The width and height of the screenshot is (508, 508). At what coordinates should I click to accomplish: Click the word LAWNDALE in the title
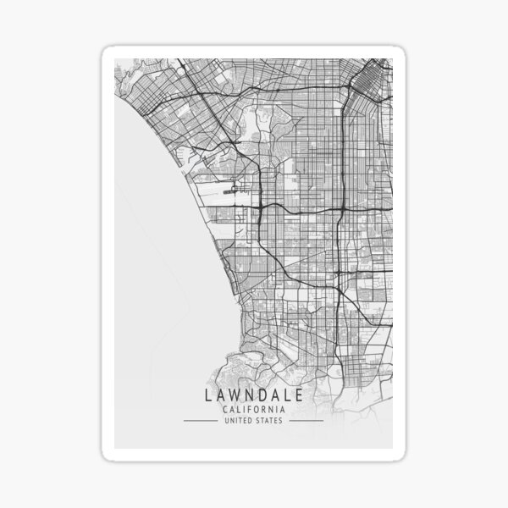253,395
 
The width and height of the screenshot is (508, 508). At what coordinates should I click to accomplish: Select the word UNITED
240,421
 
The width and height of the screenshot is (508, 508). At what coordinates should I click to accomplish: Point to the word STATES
270,421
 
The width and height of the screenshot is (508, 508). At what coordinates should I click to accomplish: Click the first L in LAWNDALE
206,395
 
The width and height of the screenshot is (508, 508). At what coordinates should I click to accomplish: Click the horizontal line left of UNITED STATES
200,421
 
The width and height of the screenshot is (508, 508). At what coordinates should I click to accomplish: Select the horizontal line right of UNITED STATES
306,421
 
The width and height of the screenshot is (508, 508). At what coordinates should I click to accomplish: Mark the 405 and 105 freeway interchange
262,206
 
